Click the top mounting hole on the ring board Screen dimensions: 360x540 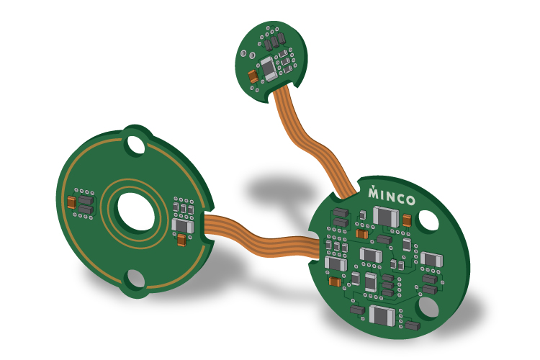point(135,145)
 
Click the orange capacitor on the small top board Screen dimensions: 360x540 point(253,76)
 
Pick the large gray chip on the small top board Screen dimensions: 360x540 point(268,68)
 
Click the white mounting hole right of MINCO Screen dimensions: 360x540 point(429,220)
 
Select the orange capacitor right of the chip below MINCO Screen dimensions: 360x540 point(408,220)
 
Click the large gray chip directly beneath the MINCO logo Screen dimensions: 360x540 point(386,215)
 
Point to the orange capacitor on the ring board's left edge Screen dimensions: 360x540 point(71,202)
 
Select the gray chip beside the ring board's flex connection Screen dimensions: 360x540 point(182,227)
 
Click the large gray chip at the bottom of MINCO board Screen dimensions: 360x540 point(381,315)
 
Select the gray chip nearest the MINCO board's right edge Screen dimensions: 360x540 point(431,259)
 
